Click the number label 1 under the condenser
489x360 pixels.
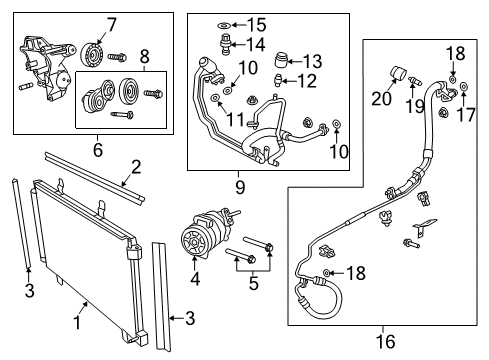coord(76,322)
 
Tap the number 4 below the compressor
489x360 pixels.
coord(195,280)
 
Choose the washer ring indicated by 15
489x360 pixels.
coord(228,22)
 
